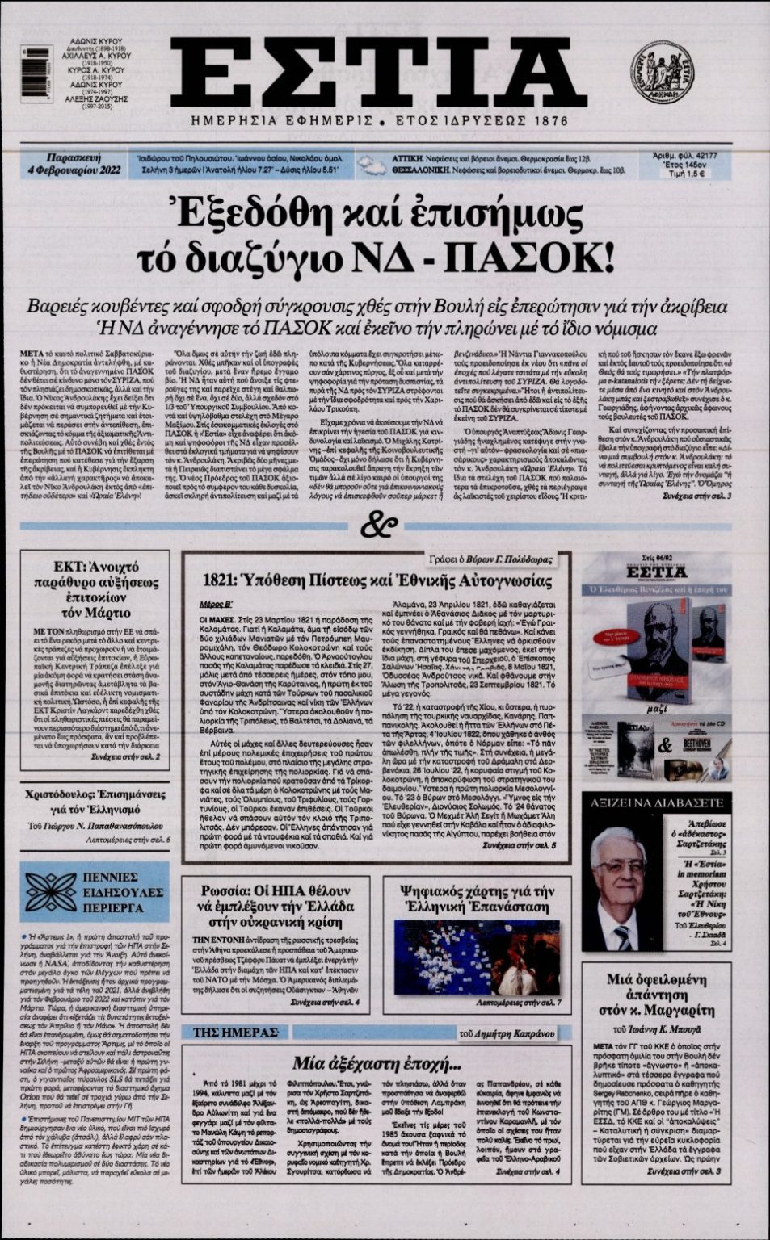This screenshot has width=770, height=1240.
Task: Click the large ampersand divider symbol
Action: click(379, 526)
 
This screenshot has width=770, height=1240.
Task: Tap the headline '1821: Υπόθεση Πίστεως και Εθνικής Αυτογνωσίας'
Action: click(377, 581)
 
